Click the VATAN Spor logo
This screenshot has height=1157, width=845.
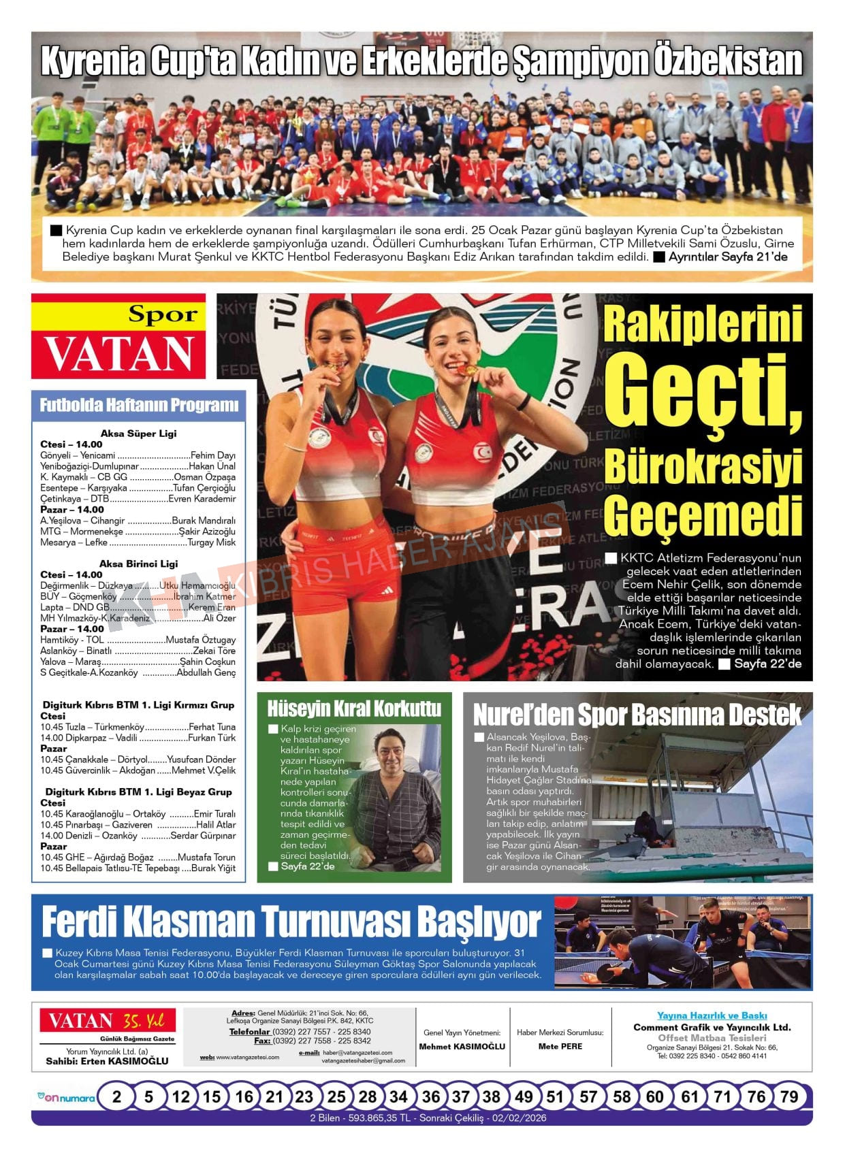click(x=118, y=336)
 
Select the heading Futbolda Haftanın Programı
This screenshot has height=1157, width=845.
click(x=139, y=405)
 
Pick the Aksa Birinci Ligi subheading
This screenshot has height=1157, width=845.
click(x=138, y=564)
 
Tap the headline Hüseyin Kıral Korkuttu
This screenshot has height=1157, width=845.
click(x=354, y=708)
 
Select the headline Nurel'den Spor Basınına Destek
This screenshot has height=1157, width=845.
click(x=637, y=715)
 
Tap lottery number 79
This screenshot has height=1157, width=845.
click(x=788, y=1096)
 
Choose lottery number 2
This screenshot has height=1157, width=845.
click(x=117, y=1096)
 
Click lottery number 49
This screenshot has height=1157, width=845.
click(x=524, y=1096)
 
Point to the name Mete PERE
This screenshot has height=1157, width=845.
click(x=560, y=1046)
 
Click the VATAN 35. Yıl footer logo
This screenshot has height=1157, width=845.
click(x=107, y=1021)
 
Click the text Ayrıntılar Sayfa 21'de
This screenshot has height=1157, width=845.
click(x=727, y=257)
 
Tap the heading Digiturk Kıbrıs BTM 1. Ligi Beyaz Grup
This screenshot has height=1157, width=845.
click(x=138, y=792)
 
